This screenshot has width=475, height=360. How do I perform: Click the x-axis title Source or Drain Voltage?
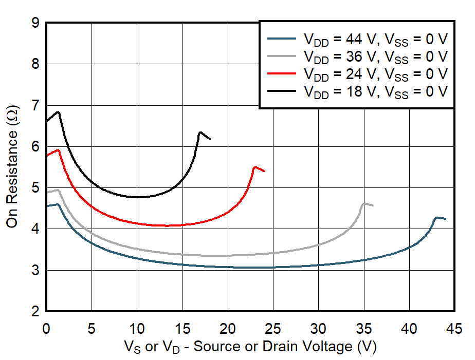(250, 347)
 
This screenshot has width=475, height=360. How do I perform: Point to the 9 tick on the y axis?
(34, 23)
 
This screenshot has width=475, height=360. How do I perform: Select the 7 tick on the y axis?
(34, 106)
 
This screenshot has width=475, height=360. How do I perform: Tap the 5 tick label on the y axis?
(34, 188)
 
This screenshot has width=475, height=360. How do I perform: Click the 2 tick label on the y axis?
(34, 312)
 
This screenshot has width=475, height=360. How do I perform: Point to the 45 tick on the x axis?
(454, 327)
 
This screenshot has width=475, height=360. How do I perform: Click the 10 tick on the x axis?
(137, 327)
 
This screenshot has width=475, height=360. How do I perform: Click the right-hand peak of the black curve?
(200, 132)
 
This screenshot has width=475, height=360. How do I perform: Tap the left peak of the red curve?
(59, 150)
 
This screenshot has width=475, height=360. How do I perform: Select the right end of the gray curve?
(373, 205)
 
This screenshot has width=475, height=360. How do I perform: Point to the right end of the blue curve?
(445, 219)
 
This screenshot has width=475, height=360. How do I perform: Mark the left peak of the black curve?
(59, 111)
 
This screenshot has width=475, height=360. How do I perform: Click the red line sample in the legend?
(282, 73)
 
